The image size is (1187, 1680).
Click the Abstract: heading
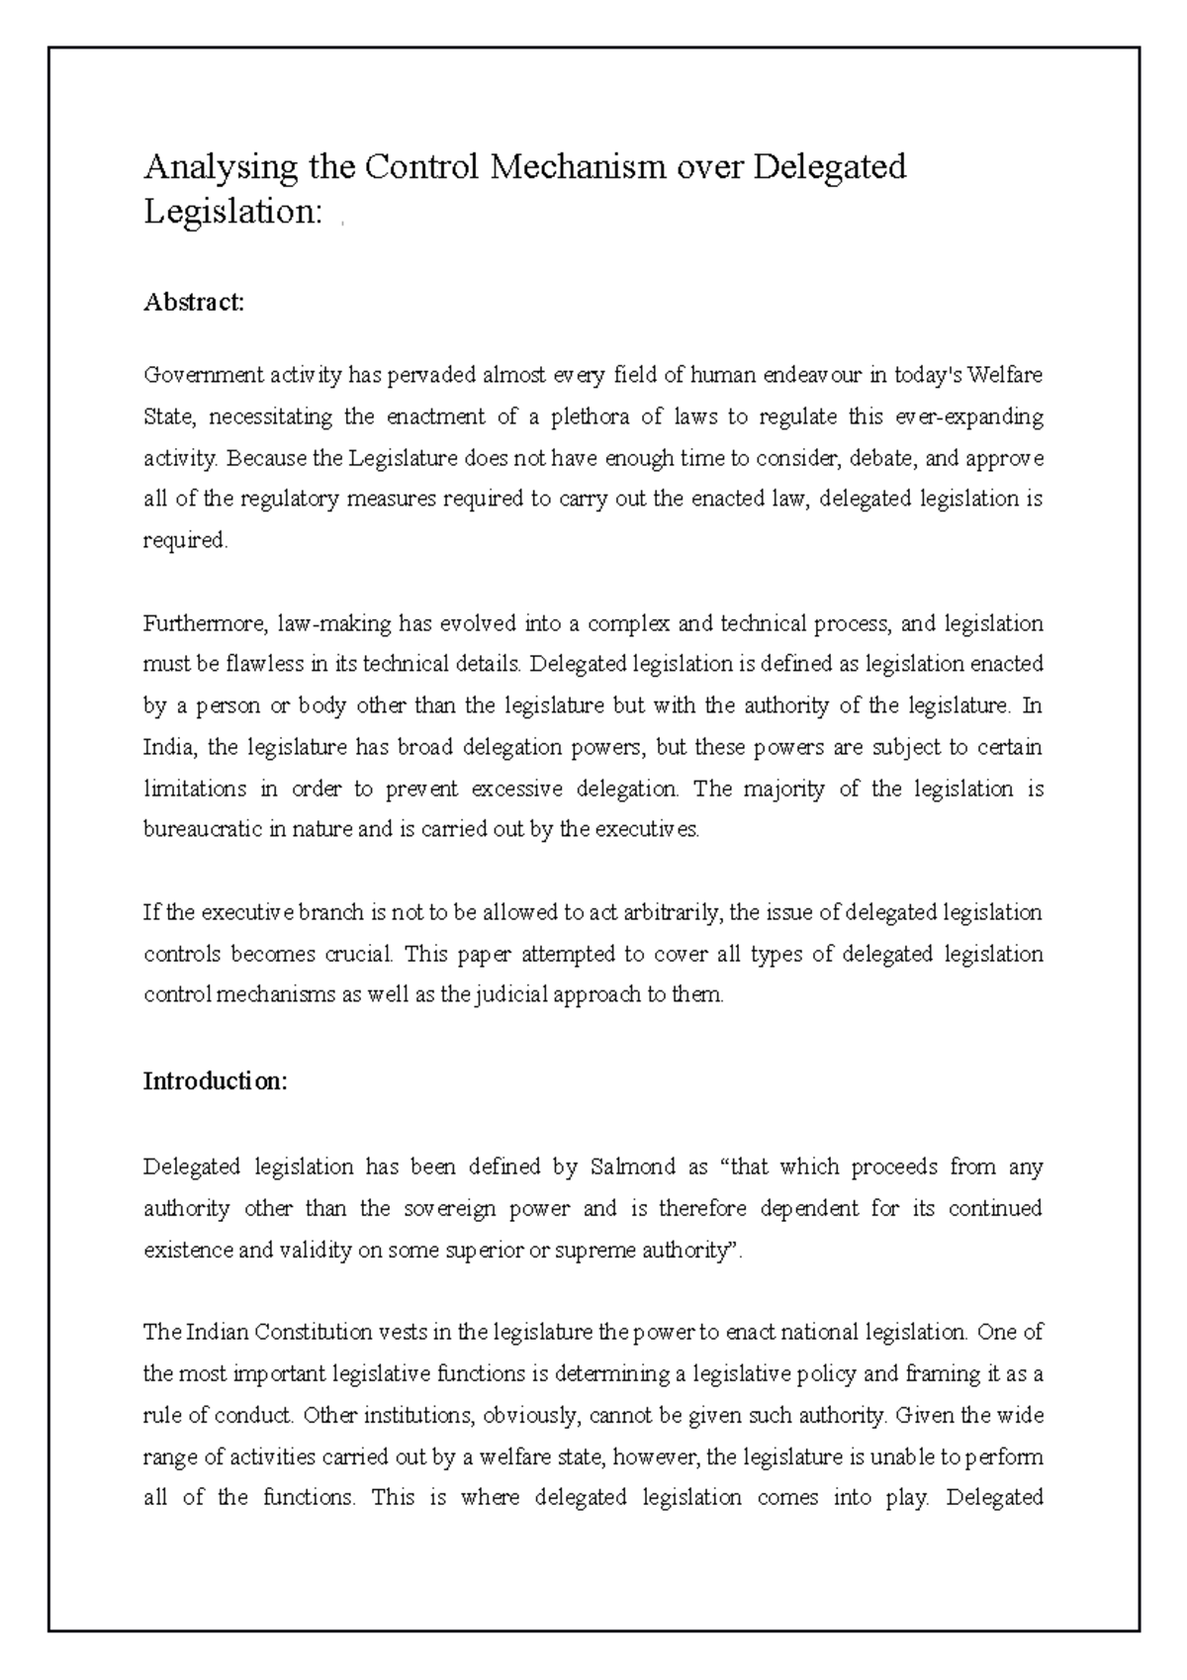click(x=194, y=302)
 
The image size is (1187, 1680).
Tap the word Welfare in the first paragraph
click(x=1004, y=376)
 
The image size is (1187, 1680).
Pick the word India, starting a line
click(x=170, y=747)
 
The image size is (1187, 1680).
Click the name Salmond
click(x=630, y=1167)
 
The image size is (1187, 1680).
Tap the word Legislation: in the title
click(x=233, y=211)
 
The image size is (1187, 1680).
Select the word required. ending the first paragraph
click(x=185, y=541)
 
